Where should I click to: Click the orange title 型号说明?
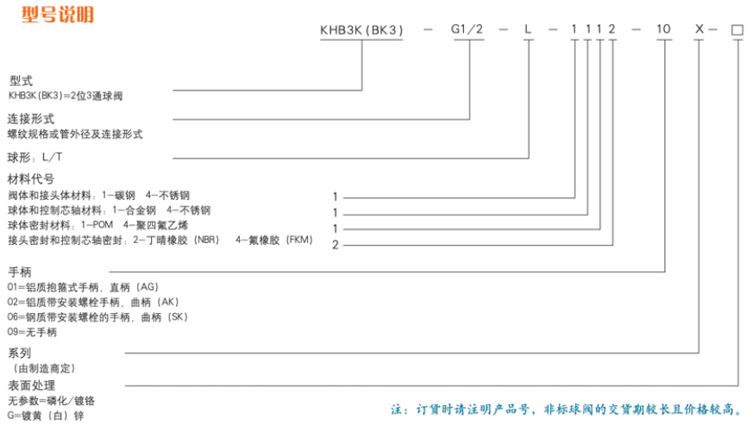[58, 15]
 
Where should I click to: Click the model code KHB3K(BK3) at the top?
[361, 30]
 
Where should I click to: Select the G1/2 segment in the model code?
[467, 29]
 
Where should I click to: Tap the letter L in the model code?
[528, 29]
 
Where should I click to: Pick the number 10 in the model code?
[663, 29]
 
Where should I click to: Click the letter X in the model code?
[700, 29]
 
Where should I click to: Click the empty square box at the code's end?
[737, 30]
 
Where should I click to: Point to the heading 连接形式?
[31, 119]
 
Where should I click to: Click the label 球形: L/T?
[35, 157]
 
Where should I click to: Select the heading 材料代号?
[31, 179]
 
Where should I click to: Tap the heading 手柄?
[20, 272]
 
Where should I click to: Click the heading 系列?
[20, 353]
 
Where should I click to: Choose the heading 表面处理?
[32, 385]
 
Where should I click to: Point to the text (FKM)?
[299, 240]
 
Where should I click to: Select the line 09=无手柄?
[32, 332]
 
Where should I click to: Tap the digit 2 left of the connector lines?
[336, 245]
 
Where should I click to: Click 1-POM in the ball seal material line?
[97, 225]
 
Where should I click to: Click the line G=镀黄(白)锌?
[46, 416]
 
